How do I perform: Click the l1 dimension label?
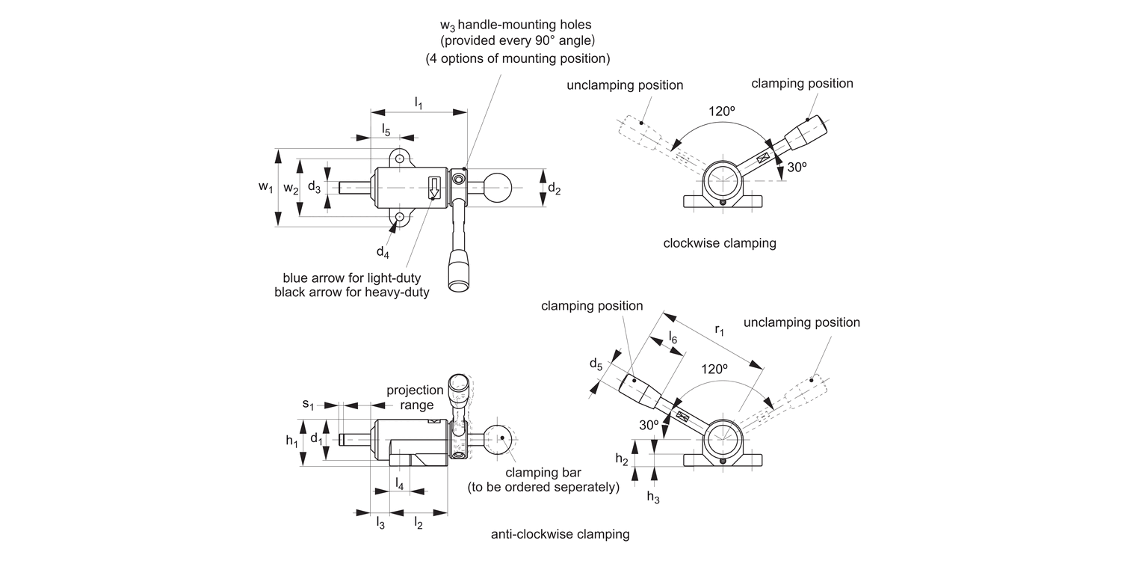(x=419, y=103)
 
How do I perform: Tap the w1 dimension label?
(x=266, y=187)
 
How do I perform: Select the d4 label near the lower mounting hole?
(x=383, y=252)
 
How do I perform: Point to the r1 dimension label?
(x=719, y=330)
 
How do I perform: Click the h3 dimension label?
(x=653, y=497)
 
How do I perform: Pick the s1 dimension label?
(x=308, y=404)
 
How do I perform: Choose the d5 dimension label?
(x=596, y=364)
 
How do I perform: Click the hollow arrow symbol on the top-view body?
(x=434, y=187)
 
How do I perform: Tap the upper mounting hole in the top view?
(x=399, y=159)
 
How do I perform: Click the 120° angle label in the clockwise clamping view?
(x=721, y=111)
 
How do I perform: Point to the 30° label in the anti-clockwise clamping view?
(x=649, y=426)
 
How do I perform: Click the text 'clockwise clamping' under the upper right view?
(x=720, y=243)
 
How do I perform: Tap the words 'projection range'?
(x=415, y=397)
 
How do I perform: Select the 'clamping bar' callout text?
(x=543, y=472)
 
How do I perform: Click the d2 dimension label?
(x=554, y=188)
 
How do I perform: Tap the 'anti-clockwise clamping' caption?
(x=560, y=535)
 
